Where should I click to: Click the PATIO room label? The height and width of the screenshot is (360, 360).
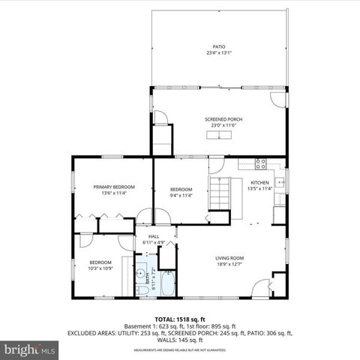point(219,46)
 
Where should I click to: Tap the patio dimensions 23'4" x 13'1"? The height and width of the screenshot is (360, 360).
point(219,53)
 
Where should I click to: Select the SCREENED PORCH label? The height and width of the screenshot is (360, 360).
point(223,119)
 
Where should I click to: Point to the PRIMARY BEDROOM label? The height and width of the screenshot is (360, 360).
point(114,186)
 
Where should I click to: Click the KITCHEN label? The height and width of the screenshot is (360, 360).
point(259,182)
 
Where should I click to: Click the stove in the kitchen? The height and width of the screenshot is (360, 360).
point(261,163)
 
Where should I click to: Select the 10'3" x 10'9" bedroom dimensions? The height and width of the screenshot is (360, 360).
point(100,268)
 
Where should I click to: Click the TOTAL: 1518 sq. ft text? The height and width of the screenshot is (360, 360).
point(180,319)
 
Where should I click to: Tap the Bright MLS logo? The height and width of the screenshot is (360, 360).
point(30,349)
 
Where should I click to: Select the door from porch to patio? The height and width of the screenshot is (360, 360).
point(277,97)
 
